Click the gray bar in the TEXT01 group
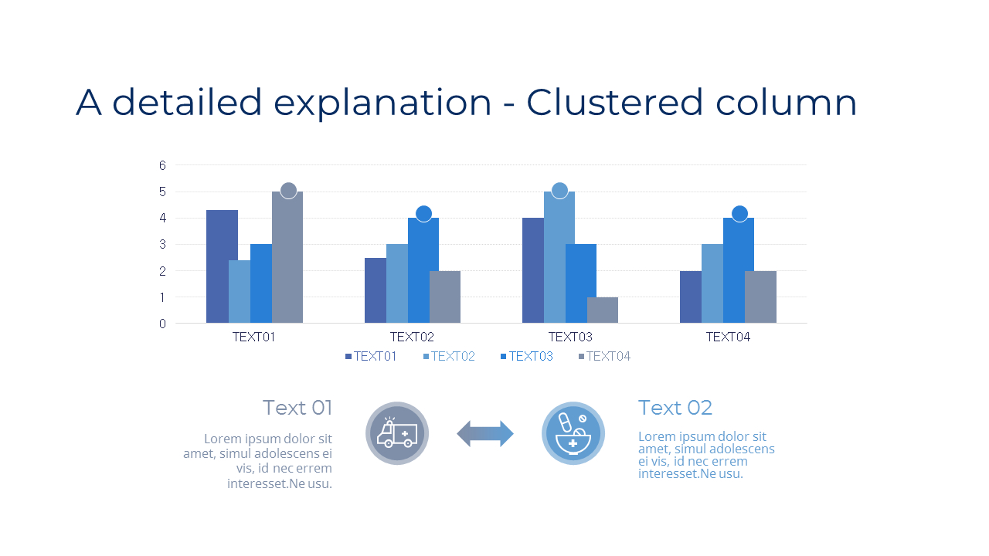[x=287, y=258]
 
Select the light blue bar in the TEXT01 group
[x=240, y=292]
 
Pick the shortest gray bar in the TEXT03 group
[x=603, y=310]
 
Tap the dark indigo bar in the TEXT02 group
[x=376, y=290]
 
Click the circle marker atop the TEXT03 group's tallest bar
[x=559, y=190]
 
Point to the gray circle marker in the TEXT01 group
[x=288, y=190]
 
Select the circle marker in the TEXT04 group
[x=739, y=214]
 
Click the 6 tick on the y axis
[x=163, y=165]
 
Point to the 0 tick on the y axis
[x=163, y=324]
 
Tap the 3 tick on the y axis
[x=163, y=245]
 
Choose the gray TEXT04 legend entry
[x=604, y=356]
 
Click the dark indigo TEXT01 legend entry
[x=371, y=356]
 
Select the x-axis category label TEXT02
[x=412, y=337]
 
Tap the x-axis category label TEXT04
[x=728, y=337]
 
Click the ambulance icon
[x=397, y=434]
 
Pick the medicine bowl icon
[x=573, y=434]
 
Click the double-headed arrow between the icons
[x=485, y=434]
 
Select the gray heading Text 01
[x=297, y=408]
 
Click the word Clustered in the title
[x=615, y=103]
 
